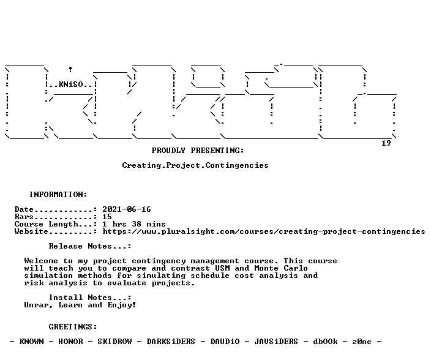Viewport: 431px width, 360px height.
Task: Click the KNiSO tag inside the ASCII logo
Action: (70, 84)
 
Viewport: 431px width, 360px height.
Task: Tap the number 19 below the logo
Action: (386, 143)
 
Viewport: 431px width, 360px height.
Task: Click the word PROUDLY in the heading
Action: (168, 151)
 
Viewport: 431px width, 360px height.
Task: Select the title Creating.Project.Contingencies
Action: (195, 165)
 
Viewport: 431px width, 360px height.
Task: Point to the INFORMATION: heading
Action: (58, 195)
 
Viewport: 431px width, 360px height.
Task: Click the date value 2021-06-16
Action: (127, 209)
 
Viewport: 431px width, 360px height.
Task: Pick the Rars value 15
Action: (107, 217)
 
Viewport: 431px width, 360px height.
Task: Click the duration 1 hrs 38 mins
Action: (134, 224)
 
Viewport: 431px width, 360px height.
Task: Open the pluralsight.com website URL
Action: (264, 231)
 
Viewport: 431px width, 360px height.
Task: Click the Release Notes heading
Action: (90, 246)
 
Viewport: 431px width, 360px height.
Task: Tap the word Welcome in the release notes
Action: (41, 261)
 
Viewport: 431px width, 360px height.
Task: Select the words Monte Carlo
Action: (281, 268)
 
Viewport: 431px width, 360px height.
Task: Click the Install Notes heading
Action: (90, 298)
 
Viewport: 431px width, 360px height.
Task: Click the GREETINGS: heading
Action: (73, 327)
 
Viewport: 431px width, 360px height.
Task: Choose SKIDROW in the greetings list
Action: (114, 341)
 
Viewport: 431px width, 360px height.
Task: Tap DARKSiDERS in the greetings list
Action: (171, 341)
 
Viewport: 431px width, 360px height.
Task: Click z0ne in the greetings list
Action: (362, 342)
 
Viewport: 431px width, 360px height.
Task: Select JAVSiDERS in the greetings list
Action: (276, 341)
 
